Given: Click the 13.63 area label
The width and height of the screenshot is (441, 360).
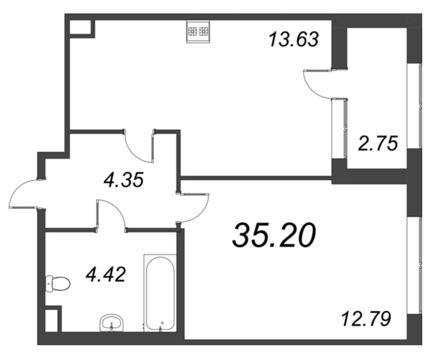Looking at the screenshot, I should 293,40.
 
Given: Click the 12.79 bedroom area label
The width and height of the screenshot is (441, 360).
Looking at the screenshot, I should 366,318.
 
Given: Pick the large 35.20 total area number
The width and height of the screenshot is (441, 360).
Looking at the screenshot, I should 274,236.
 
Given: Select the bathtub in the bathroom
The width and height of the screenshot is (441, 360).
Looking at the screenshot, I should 160,292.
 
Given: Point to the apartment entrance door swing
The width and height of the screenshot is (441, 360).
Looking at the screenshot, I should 25,194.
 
